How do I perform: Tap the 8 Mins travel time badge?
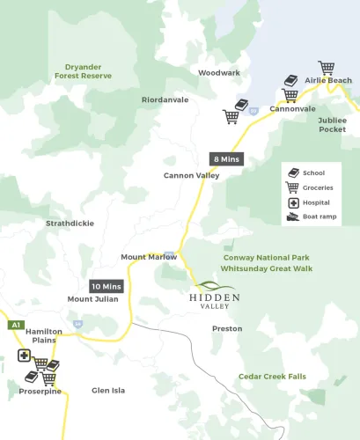tap(225, 159)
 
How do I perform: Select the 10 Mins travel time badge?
tap(107, 286)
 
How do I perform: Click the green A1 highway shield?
tap(15, 326)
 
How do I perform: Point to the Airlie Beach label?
tap(327, 81)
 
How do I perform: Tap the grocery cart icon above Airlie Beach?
tap(327, 68)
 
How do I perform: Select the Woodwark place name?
tap(218, 72)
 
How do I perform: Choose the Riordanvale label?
tap(165, 100)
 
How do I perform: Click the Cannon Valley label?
tap(191, 176)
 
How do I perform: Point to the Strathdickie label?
tap(70, 224)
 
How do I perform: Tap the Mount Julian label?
tap(92, 299)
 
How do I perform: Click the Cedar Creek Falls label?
tap(272, 377)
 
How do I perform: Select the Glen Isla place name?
tap(109, 390)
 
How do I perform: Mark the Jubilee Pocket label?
tap(332, 124)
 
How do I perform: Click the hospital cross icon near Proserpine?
tap(24, 357)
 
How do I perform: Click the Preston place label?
tap(226, 328)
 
